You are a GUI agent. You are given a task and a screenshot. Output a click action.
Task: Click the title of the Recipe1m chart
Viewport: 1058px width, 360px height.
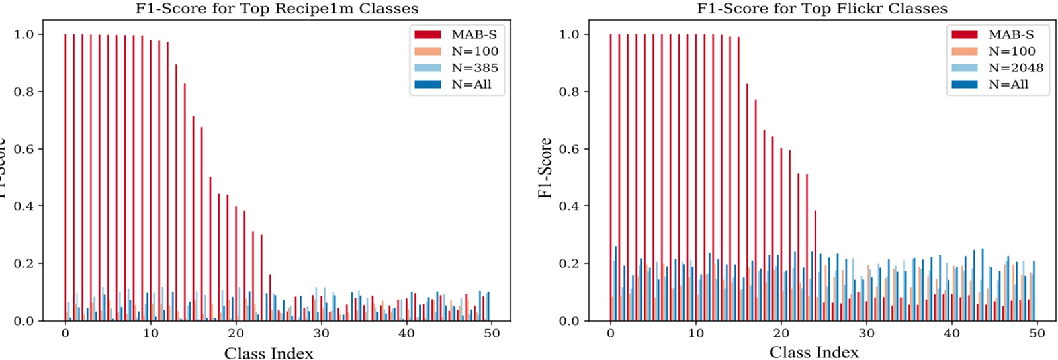tap(277, 9)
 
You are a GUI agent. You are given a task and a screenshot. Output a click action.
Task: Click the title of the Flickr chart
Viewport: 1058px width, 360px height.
tap(822, 9)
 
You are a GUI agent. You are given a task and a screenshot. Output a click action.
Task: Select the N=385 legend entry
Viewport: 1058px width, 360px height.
tap(474, 67)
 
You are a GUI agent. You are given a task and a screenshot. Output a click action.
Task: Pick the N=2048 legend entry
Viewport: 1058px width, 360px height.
tap(1016, 67)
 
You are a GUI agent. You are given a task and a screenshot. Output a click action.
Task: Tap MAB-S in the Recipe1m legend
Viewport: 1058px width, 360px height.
tap(474, 34)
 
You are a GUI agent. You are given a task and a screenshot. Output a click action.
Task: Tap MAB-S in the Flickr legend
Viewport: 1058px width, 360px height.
tap(1010, 34)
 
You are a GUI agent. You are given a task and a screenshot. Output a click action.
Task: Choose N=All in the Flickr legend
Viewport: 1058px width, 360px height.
tap(1008, 84)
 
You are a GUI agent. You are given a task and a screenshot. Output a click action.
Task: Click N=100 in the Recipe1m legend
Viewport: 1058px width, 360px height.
tap(474, 51)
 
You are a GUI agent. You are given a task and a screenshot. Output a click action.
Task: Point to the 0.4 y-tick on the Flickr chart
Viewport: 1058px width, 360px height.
tap(568, 206)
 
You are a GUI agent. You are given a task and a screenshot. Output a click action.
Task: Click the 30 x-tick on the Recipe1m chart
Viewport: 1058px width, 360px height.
tap(321, 333)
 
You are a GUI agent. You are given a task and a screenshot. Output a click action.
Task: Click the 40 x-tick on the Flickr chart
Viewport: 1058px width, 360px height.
tap(951, 333)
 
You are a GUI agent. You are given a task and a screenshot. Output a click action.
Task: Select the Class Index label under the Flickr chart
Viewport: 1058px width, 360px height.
tap(814, 353)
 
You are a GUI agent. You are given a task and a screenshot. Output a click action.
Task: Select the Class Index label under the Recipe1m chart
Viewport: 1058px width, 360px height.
tap(269, 353)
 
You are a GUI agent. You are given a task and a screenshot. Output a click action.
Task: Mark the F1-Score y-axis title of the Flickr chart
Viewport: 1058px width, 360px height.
tap(545, 168)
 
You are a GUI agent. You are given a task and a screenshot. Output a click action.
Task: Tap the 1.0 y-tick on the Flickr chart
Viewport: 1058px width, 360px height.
tap(568, 34)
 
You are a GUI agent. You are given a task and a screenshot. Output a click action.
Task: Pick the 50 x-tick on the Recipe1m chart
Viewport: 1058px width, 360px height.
tap(492, 333)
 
